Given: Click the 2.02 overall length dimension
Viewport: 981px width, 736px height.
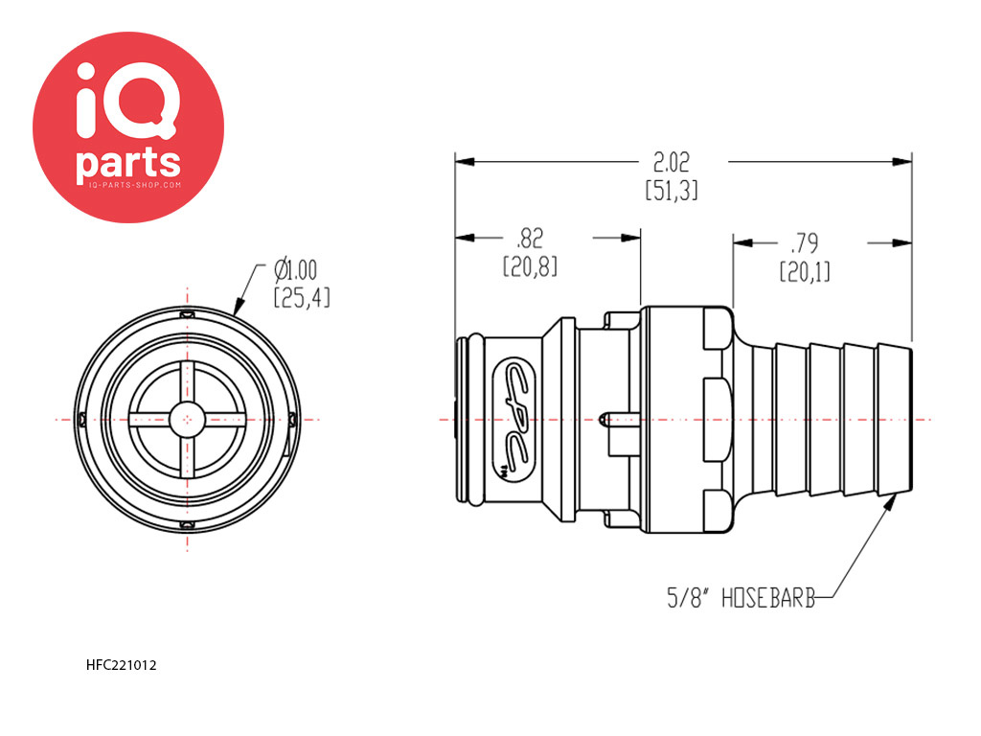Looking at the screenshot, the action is coord(672,163).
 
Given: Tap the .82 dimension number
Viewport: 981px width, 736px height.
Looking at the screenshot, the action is coord(530,239).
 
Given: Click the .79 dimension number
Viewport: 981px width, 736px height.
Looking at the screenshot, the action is coord(804,242).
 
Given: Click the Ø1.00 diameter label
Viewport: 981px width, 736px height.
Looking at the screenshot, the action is coord(295,269).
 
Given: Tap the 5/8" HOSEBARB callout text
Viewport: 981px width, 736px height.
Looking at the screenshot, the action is coord(741,598).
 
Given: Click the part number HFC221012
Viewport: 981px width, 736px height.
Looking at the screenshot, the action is coord(122,665).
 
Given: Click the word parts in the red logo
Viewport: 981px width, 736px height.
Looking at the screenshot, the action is coord(128,164).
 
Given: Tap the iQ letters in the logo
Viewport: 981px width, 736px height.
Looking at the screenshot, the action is coord(127,101).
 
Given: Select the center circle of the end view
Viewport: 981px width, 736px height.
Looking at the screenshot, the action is coord(187,420).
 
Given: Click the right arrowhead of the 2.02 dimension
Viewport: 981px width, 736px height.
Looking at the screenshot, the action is coord(901,161).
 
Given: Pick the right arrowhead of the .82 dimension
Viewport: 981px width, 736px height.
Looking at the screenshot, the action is coord(630,238).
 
